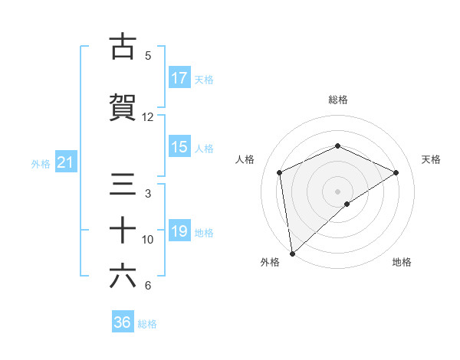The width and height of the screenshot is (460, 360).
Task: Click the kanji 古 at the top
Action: [123, 46]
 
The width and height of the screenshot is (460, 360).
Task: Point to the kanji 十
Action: [123, 230]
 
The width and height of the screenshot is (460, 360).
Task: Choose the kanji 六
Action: [123, 277]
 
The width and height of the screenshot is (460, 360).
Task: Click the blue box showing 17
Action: [179, 78]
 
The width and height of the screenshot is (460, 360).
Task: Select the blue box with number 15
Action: [179, 147]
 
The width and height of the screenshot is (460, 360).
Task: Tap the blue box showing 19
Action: [179, 231]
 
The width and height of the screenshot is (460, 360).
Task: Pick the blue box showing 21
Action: [65, 162]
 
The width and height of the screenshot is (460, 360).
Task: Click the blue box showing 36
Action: [123, 322]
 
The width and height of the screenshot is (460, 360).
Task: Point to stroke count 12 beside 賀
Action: [148, 117]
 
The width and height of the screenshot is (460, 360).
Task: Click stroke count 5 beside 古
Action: [148, 56]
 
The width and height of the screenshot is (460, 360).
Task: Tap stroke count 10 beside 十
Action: [148, 240]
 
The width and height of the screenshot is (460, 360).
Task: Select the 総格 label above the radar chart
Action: [338, 100]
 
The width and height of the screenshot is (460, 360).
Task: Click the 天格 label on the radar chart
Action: [432, 159]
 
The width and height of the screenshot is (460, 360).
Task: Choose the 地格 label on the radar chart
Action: [402, 262]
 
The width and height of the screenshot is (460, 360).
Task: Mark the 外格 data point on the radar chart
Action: [291, 253]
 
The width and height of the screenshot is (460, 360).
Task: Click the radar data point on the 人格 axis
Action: [280, 172]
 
